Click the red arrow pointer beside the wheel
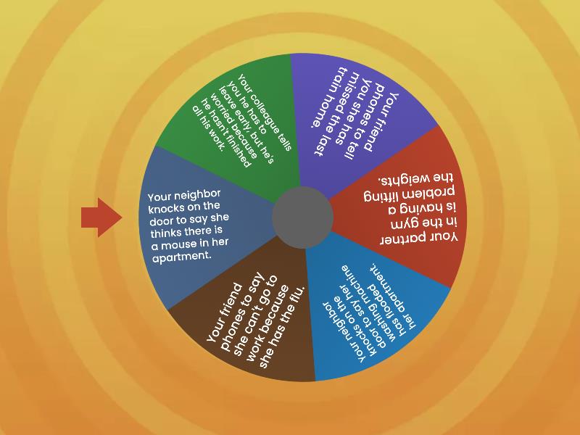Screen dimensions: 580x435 point(101,217)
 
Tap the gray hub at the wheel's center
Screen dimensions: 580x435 point(302,217)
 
